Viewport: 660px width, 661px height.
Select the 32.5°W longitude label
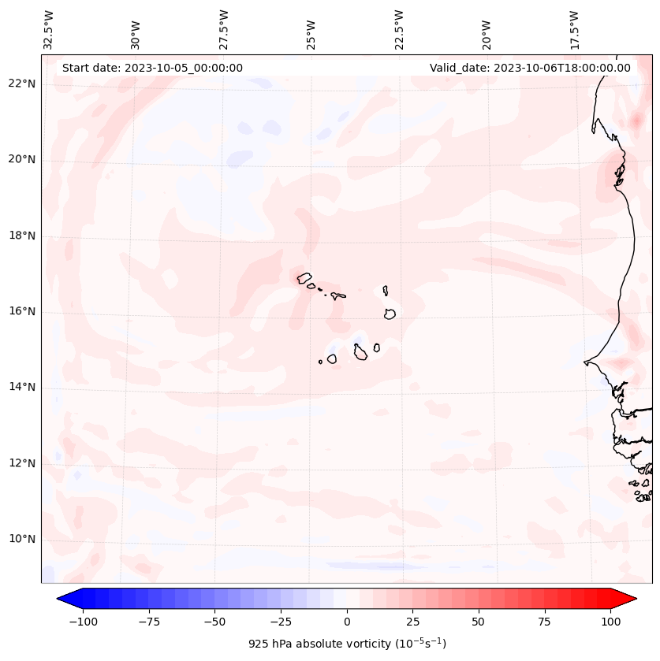(x=49, y=30)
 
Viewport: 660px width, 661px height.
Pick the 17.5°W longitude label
(x=574, y=30)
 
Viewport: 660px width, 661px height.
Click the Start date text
(x=152, y=68)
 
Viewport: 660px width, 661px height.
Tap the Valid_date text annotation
(x=530, y=68)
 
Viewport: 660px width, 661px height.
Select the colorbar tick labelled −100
(x=83, y=622)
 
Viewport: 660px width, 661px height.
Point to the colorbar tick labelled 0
(x=347, y=622)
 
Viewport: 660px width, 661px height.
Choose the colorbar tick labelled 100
(x=611, y=622)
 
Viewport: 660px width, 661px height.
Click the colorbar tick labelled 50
(x=479, y=622)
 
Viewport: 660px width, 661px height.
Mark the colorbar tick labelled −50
(x=214, y=622)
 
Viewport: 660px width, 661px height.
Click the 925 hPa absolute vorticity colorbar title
(x=347, y=644)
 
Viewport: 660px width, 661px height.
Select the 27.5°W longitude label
(x=224, y=30)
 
